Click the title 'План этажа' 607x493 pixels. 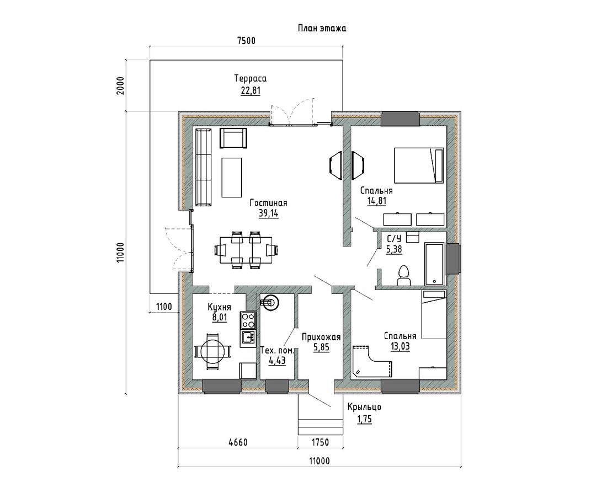click(x=322, y=28)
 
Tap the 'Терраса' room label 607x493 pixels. click(x=251, y=78)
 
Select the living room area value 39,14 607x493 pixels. click(x=268, y=213)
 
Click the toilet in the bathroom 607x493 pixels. click(x=404, y=276)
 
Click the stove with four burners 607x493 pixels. click(x=248, y=320)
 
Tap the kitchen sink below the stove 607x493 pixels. click(x=248, y=338)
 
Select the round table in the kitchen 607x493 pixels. click(x=212, y=351)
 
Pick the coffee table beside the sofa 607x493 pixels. click(x=232, y=178)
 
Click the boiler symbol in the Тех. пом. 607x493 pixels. click(x=269, y=303)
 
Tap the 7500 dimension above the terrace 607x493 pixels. click(x=246, y=41)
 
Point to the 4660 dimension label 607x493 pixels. click(x=237, y=442)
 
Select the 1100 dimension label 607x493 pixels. click(x=163, y=307)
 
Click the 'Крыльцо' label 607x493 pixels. click(x=364, y=408)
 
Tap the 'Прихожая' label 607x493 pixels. click(x=321, y=337)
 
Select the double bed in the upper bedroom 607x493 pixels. click(x=419, y=164)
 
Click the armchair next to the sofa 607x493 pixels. click(x=233, y=138)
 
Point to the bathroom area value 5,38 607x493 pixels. click(x=394, y=250)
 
